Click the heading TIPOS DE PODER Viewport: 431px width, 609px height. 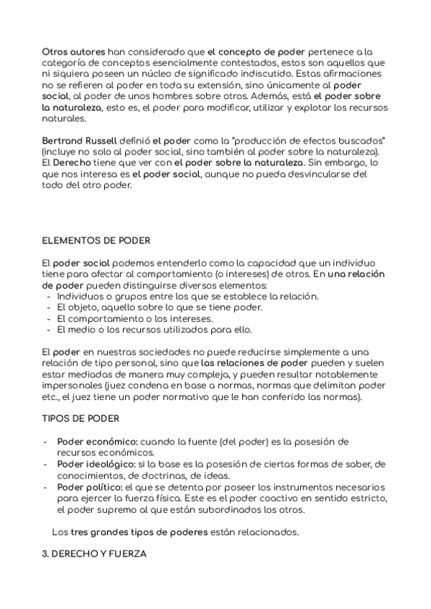pos(80,417)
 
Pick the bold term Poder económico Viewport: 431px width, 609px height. pos(97,440)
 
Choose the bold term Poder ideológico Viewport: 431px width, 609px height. pos(95,463)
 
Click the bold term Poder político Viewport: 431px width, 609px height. pos(89,487)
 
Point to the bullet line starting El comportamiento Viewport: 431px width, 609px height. pos(135,319)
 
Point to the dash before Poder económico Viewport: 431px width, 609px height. pos(46,441)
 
